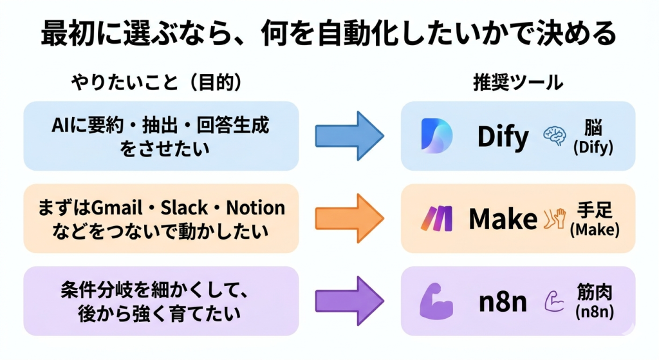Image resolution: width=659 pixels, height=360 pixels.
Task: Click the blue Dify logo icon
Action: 437,136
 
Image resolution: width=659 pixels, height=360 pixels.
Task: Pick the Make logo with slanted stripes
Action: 436,219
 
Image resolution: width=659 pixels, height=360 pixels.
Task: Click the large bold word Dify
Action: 503,136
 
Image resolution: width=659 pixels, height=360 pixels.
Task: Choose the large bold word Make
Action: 503,219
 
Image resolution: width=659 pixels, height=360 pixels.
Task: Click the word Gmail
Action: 116,208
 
